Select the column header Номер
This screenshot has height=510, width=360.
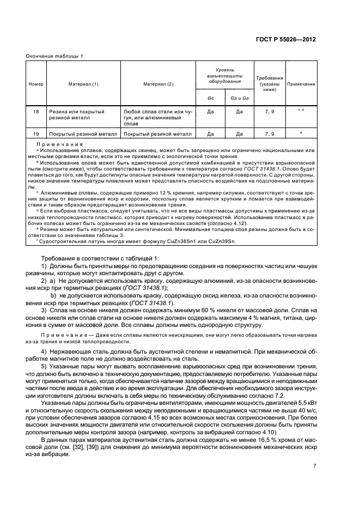point(35,84)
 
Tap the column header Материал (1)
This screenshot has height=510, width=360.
point(83,84)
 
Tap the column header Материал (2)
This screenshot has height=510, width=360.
point(158,84)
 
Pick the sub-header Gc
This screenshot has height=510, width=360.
point(210,98)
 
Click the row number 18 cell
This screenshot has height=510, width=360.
point(35,111)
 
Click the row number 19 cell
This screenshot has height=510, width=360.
point(35,133)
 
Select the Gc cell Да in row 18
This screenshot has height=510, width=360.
point(210,111)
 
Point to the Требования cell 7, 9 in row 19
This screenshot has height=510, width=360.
point(270,133)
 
